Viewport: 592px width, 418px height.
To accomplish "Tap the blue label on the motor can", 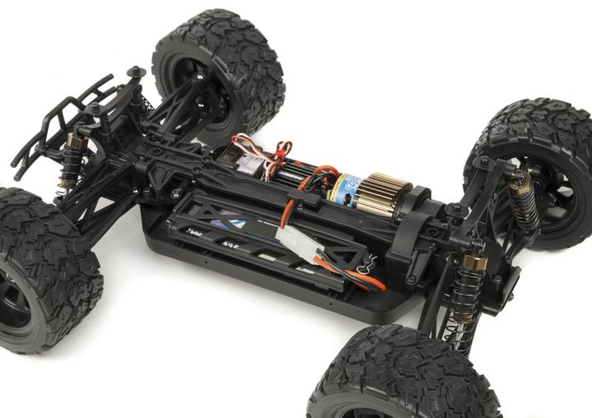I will click(x=346, y=190).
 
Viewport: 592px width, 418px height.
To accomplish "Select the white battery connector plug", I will click(x=298, y=243).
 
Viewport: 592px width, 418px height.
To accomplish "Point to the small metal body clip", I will click(x=368, y=262).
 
